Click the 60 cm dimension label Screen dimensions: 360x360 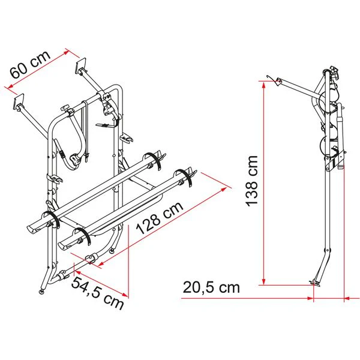click(x=30, y=65)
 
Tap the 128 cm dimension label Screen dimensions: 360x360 click(x=160, y=218)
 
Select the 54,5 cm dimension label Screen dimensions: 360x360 click(x=97, y=293)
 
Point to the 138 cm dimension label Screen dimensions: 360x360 click(x=252, y=181)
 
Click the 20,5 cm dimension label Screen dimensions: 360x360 click(x=211, y=287)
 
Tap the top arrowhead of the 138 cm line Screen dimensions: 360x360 click(x=264, y=85)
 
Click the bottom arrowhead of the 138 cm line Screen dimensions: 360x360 click(x=264, y=281)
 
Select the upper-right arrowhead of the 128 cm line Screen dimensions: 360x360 click(x=223, y=189)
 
